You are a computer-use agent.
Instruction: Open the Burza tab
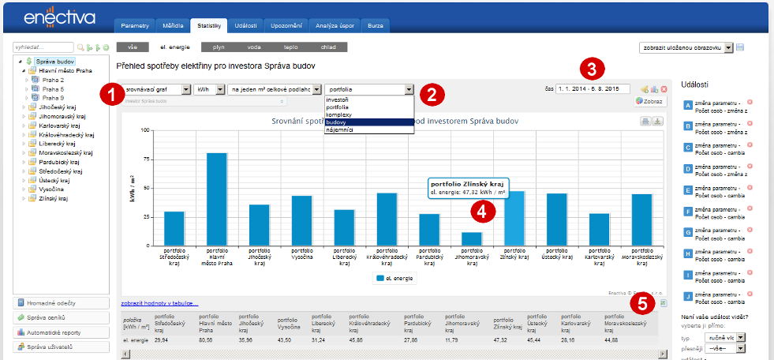(x=376, y=26)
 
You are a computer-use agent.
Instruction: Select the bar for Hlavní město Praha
(x=217, y=198)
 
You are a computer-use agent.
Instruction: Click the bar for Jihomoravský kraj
(x=472, y=238)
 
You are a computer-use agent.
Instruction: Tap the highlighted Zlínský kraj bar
(x=514, y=217)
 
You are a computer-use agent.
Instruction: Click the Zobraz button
(x=650, y=102)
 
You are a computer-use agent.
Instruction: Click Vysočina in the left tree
(x=53, y=189)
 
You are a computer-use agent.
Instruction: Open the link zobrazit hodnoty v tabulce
(x=159, y=303)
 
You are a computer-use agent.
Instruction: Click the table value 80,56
(x=206, y=339)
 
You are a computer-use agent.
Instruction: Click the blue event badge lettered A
(x=688, y=105)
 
